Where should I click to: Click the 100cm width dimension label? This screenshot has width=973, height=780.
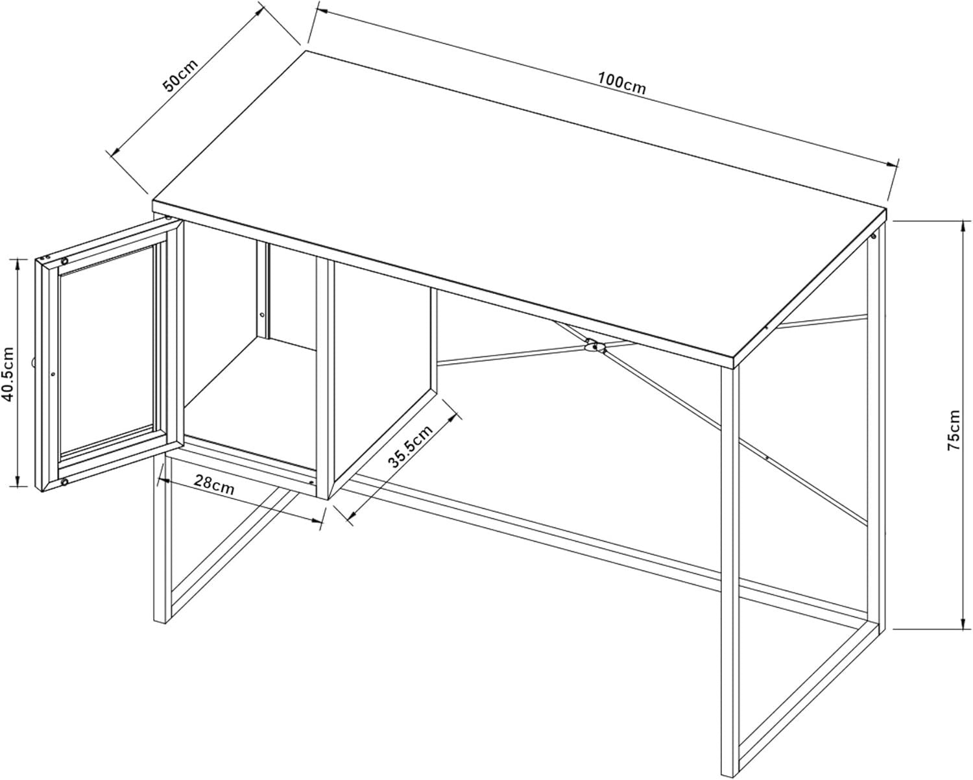(x=622, y=84)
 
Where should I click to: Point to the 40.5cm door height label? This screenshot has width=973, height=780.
(x=8, y=374)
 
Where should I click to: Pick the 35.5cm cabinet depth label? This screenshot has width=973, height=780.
(x=411, y=446)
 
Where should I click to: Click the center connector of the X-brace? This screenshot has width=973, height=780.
(x=594, y=346)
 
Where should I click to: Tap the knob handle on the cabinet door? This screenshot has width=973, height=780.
(x=32, y=361)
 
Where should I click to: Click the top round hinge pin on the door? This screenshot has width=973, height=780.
(x=65, y=261)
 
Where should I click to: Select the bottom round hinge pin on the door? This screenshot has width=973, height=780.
(x=65, y=482)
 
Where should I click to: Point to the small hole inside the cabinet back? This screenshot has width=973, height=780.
(x=261, y=315)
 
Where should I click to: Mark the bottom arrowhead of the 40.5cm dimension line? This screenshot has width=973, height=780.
(x=18, y=480)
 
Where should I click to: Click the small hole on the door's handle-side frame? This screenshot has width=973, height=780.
(x=53, y=374)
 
